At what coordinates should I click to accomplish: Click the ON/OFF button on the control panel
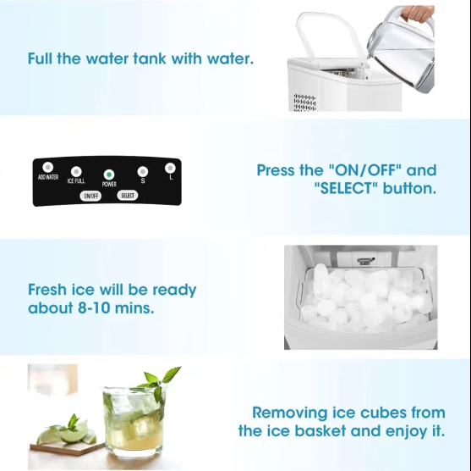point(91,196)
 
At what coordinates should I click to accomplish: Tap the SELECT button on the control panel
point(128,196)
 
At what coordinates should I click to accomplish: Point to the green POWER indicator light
point(109,175)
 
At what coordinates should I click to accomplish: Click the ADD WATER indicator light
point(48,167)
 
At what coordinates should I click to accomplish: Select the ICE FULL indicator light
point(76,171)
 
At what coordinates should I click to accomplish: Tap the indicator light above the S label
point(142,172)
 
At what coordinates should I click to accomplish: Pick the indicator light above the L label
point(170,168)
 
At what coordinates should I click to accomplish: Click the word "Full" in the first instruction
point(42,59)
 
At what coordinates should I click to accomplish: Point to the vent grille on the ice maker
point(304,103)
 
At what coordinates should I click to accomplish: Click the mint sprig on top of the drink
point(159,381)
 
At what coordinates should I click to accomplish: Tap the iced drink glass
point(134,422)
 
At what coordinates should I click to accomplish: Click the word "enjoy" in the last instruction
point(399,431)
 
